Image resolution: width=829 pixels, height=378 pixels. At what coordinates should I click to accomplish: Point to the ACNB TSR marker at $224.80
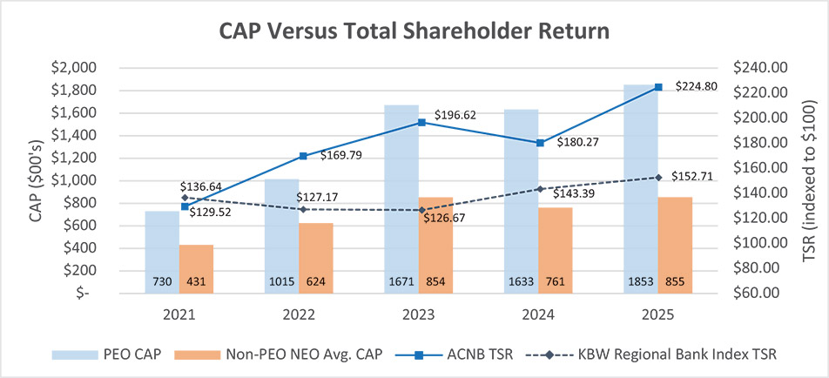pyautogui.click(x=657, y=87)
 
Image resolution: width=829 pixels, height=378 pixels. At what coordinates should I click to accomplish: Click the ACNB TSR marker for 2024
pyautogui.click(x=539, y=142)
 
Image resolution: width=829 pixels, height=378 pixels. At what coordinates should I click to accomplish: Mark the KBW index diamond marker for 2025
pyautogui.click(x=657, y=178)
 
